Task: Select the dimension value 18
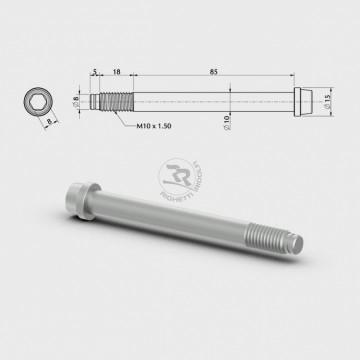pos(118,72)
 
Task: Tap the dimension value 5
pos(93,72)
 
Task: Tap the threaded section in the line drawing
pos(115,102)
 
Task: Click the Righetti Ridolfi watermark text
pos(205,178)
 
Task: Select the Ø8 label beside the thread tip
pos(76,100)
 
